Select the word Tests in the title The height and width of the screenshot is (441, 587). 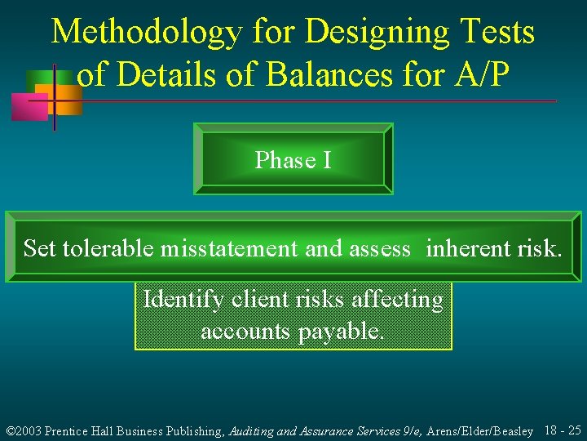[x=497, y=33]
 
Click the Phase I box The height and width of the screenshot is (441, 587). [x=293, y=159]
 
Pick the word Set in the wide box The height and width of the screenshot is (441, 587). [x=39, y=248]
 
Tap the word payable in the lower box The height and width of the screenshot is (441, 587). [x=342, y=332]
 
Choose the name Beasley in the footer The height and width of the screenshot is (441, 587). [x=510, y=430]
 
